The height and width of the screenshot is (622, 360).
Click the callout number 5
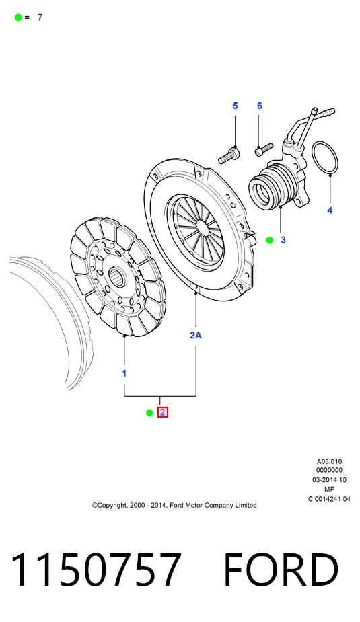coord(236,106)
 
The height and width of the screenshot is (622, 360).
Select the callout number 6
coord(260,106)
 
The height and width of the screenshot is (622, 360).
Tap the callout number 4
coord(330,210)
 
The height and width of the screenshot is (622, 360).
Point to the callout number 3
coord(283,240)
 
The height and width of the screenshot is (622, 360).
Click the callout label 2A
coord(196,335)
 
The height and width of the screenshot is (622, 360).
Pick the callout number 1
coord(124,373)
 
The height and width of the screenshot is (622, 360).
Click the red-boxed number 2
coord(162,413)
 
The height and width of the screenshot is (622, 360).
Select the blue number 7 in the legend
coord(40,17)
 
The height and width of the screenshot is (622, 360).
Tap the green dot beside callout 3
coord(270,240)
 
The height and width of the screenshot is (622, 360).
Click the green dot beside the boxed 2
coord(149,413)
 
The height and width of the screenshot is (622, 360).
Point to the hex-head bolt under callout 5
coord(229,155)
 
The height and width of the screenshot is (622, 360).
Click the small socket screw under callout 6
coord(264,149)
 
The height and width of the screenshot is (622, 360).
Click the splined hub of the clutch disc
coord(118,275)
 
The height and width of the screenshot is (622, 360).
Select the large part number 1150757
coord(96,570)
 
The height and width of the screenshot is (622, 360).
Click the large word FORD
coord(281,570)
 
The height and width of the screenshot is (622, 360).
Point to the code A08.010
coord(329,461)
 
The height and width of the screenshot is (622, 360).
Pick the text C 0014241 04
coord(329,499)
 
